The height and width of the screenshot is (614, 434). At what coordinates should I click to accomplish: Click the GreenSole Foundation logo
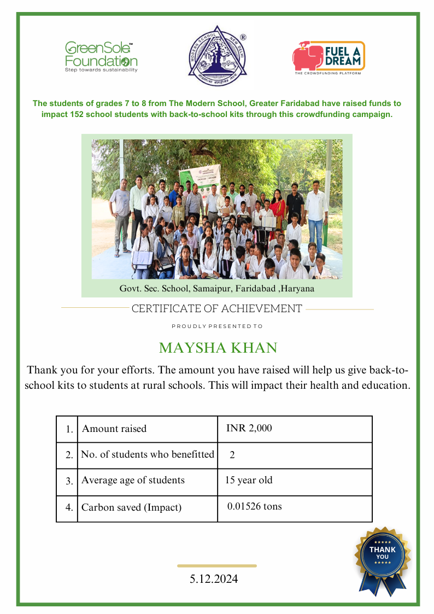point(101,57)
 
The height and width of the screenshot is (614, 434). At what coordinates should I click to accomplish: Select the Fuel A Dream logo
point(329,57)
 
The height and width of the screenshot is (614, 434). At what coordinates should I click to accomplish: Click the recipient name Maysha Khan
point(218,348)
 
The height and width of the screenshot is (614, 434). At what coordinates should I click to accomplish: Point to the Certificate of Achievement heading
point(216,308)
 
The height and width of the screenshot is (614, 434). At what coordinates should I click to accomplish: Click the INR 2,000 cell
point(249,428)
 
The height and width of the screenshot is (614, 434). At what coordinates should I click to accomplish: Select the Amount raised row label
point(114,429)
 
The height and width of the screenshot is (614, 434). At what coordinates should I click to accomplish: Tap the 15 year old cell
point(249,481)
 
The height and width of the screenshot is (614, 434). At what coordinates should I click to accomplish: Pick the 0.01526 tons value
point(255,506)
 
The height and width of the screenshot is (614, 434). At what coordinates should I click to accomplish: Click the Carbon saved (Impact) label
point(131,507)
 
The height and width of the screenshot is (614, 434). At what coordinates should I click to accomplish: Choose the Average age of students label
point(133,481)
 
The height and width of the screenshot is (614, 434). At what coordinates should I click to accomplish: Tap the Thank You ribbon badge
point(383,559)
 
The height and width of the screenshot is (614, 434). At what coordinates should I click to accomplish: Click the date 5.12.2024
point(214,578)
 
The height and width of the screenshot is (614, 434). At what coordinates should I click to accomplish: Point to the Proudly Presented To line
point(217,326)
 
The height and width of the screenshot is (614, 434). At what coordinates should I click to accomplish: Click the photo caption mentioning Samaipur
point(217,288)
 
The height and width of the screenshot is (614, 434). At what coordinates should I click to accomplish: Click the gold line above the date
point(217,566)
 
